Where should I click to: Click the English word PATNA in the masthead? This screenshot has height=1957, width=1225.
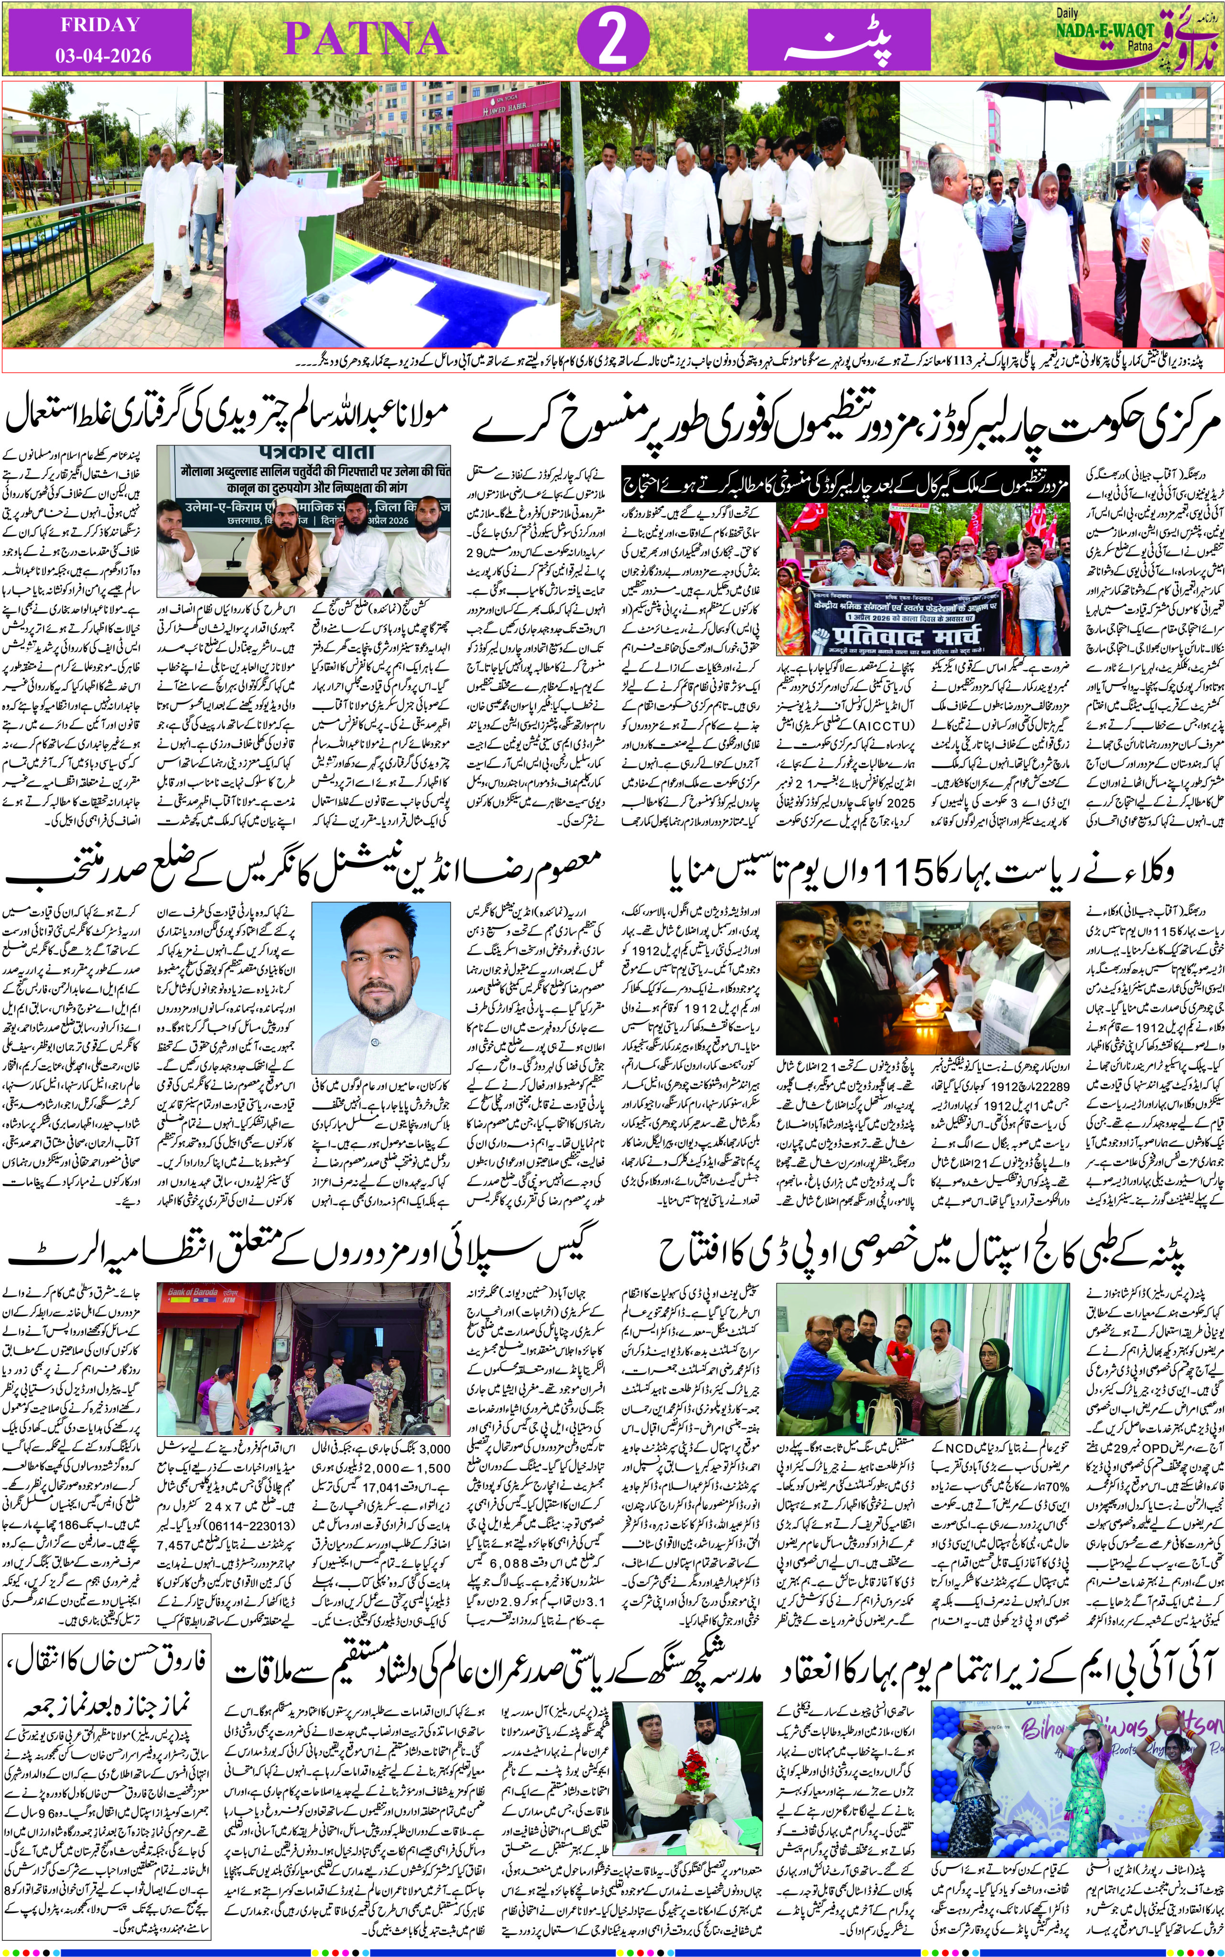(366, 39)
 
